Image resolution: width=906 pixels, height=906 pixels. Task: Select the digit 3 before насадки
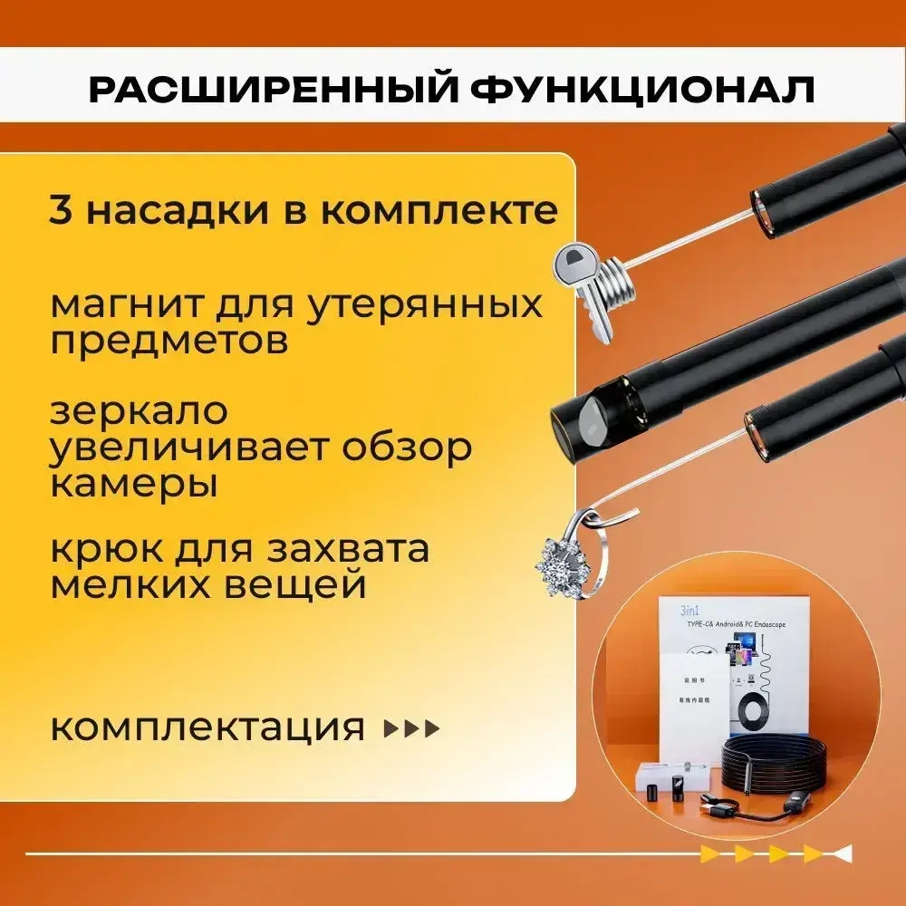coord(60,209)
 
